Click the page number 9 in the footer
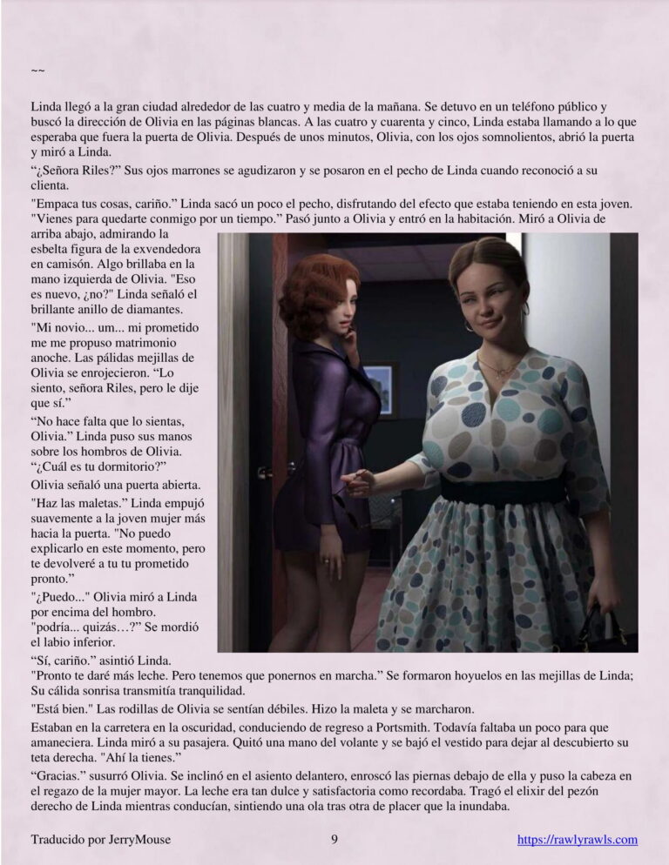coord(334,840)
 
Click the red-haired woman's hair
coord(317,293)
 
